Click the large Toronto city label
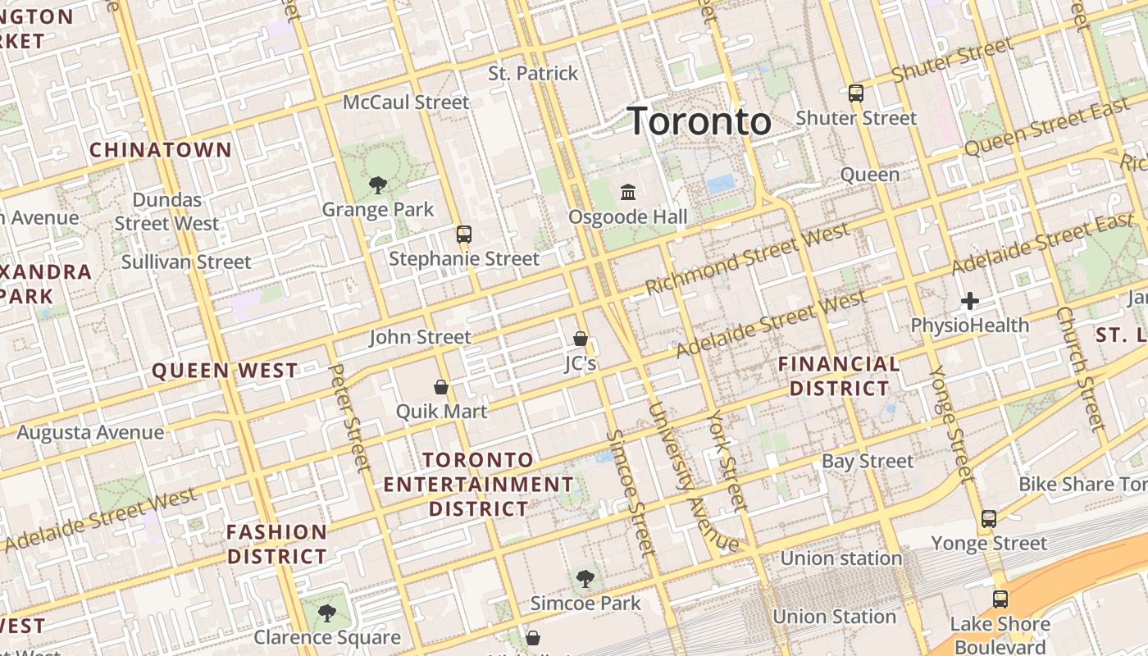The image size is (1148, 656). click(x=699, y=121)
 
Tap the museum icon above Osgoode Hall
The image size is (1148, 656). click(x=628, y=192)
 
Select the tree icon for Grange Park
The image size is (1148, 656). click(x=377, y=184)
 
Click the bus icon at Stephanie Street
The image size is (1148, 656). click(x=464, y=235)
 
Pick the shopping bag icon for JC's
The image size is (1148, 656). click(x=581, y=338)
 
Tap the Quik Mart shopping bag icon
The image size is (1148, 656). click(x=441, y=386)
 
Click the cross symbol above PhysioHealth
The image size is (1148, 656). click(x=970, y=301)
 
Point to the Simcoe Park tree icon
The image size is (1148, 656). click(x=585, y=579)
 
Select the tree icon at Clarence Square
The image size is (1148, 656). click(x=326, y=613)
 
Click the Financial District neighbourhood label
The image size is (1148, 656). click(x=838, y=376)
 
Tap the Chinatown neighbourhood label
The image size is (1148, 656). click(x=161, y=150)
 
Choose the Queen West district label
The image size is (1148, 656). click(x=225, y=371)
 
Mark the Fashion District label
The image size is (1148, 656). click(x=277, y=544)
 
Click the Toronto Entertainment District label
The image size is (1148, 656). click(x=479, y=484)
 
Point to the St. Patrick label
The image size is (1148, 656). click(x=533, y=74)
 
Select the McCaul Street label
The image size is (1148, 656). click(x=406, y=102)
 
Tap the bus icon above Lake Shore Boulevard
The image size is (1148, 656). click(x=1000, y=599)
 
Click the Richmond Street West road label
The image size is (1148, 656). click(x=747, y=261)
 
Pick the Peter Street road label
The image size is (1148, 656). click(x=350, y=417)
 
